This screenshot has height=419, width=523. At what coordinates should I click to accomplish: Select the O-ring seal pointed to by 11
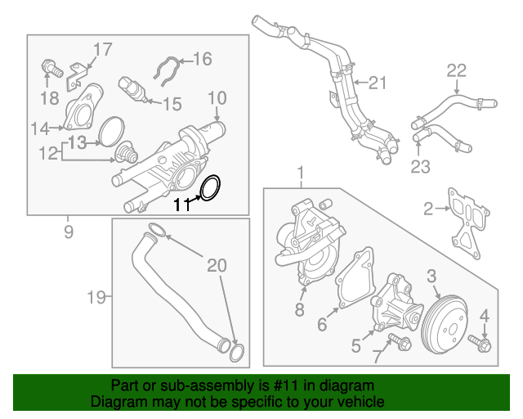210,187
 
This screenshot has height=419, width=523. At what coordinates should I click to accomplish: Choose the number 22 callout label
456,71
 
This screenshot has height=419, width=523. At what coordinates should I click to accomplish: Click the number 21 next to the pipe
376,82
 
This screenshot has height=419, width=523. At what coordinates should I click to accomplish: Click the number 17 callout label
101,50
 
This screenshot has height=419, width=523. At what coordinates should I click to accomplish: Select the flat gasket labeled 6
355,282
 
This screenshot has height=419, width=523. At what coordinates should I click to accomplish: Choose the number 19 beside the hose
96,297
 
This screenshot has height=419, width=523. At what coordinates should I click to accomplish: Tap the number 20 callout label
216,265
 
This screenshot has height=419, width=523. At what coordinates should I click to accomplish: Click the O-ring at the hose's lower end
235,354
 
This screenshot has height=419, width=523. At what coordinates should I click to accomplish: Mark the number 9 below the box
69,232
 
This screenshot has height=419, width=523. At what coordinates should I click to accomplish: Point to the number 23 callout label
420,167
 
